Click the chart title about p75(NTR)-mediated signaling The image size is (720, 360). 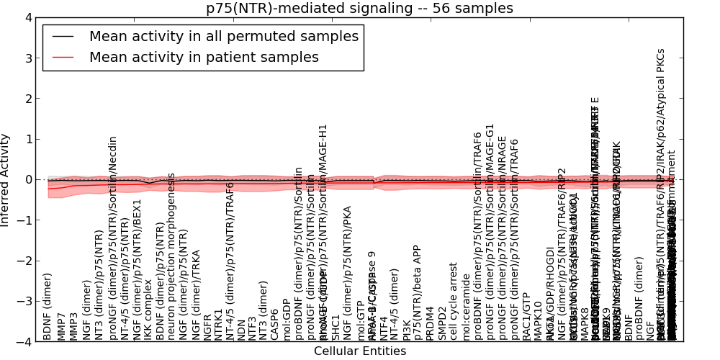(x=359, y=8)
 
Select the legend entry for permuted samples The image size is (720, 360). (x=223, y=37)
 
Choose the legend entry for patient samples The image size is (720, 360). (x=204, y=58)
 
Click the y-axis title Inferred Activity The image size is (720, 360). (x=6, y=180)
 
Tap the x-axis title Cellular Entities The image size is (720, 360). (x=359, y=351)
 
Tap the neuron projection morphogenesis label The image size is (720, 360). (x=171, y=256)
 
